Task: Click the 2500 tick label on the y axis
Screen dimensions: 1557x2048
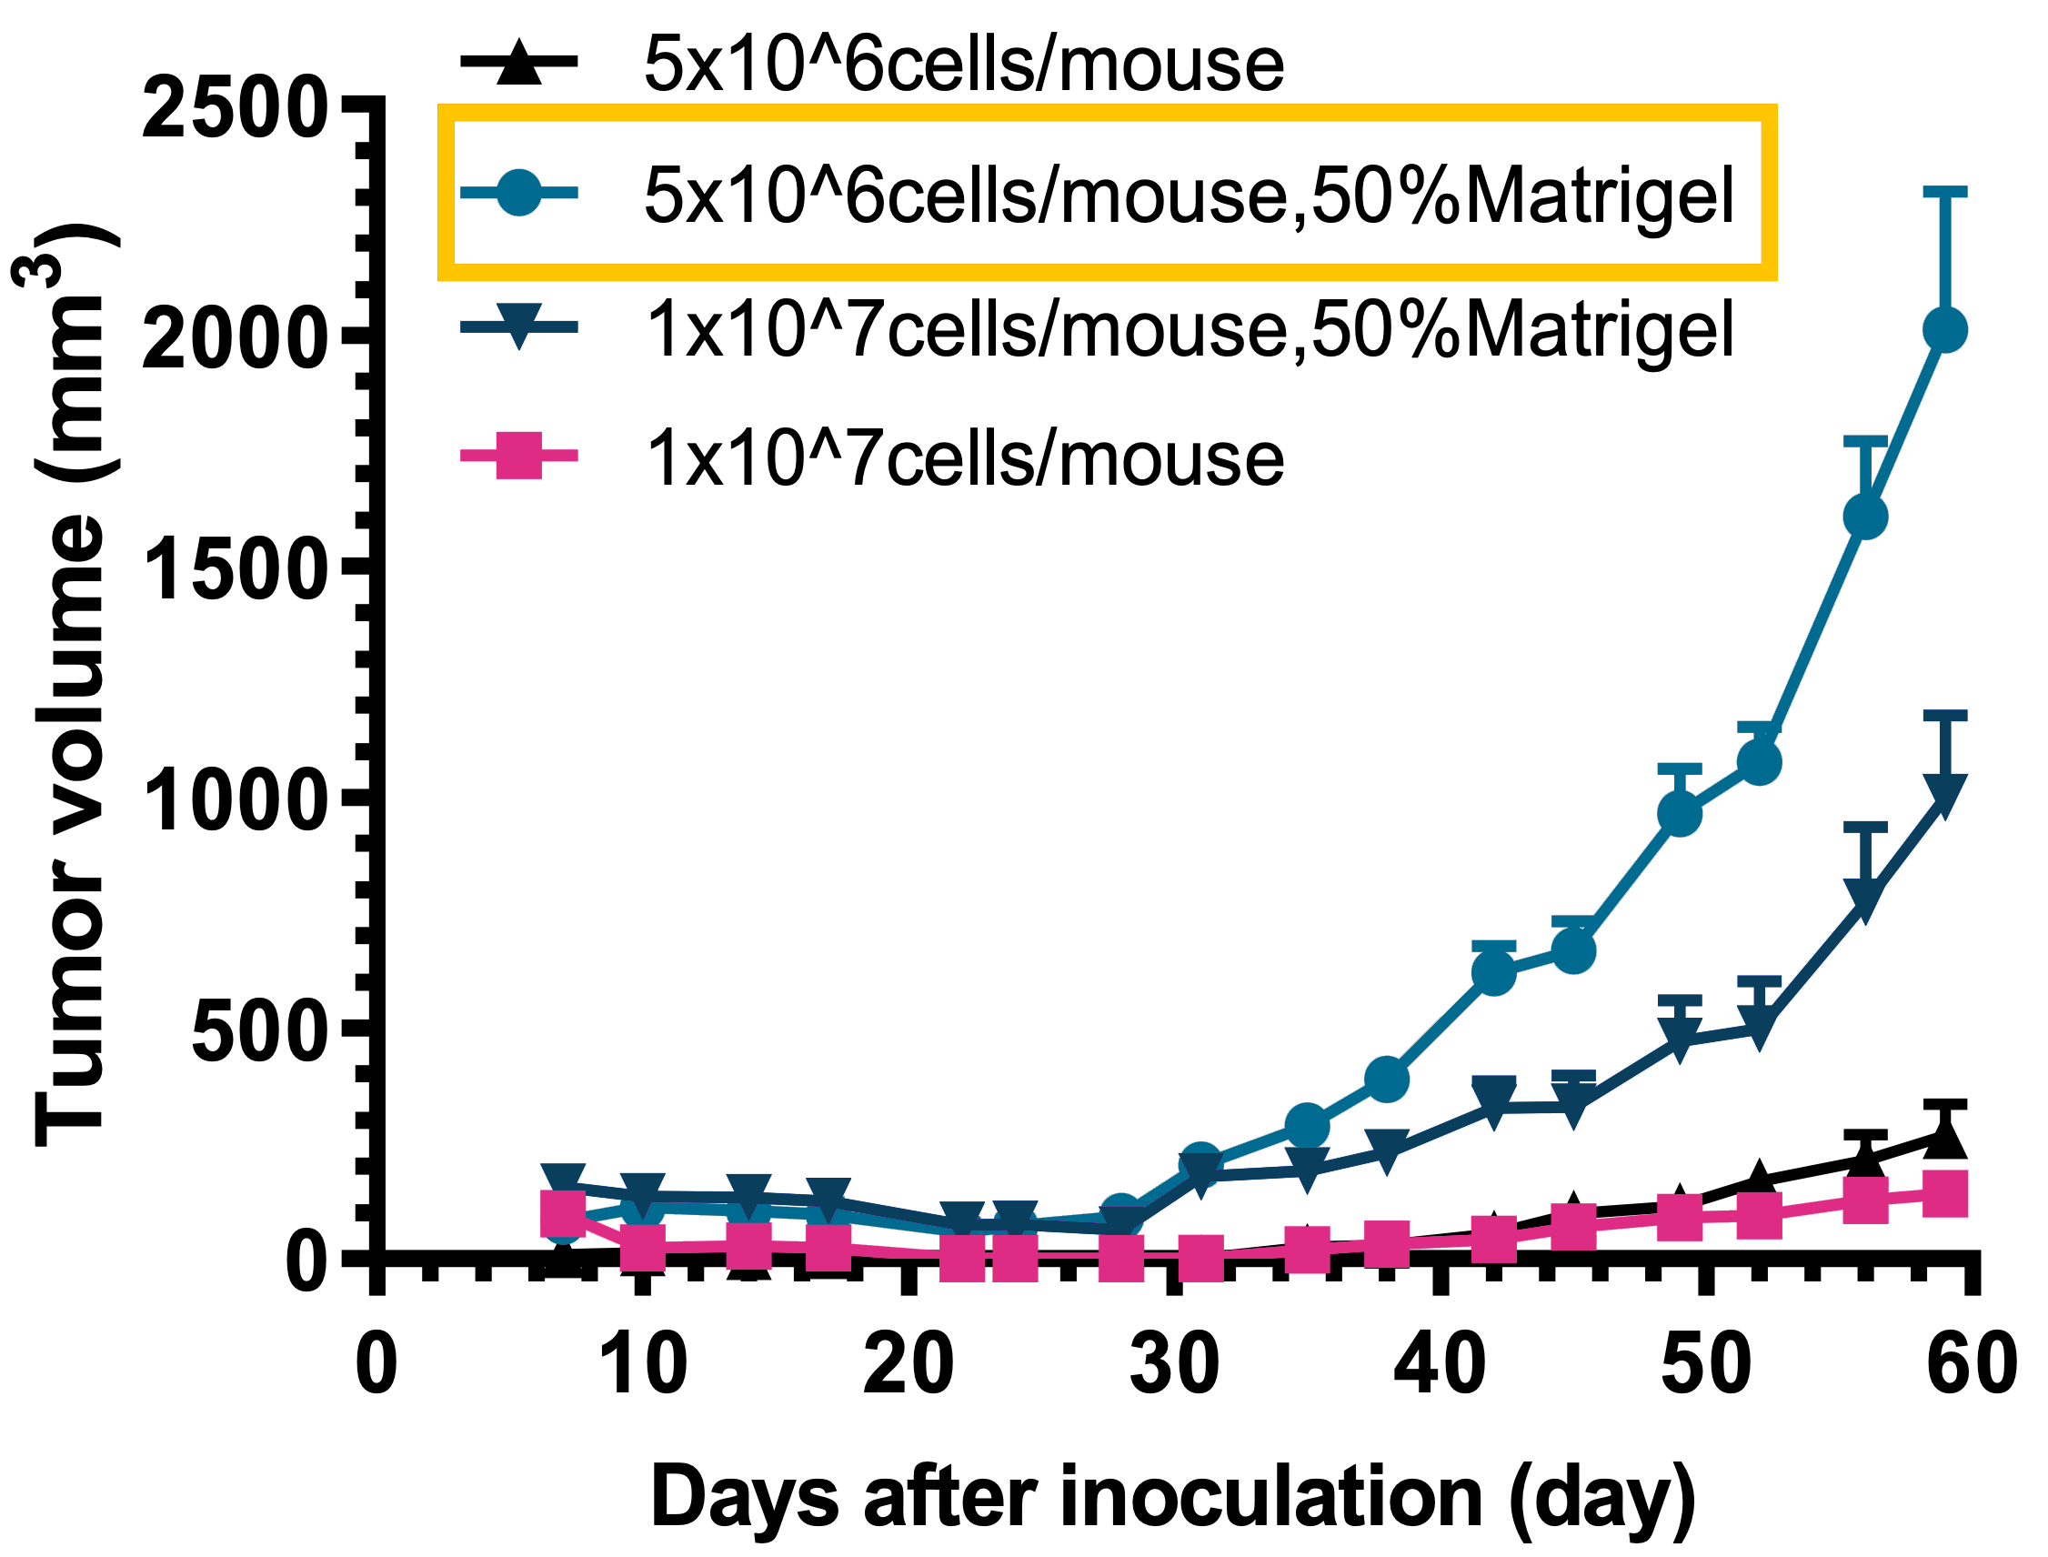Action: coord(236,108)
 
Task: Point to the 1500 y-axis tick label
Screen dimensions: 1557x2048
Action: coord(237,572)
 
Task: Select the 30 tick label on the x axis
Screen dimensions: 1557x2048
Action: coord(1174,1364)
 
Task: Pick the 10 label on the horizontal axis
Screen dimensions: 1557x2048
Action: coord(642,1364)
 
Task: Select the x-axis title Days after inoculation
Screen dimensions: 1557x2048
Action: coord(1172,1497)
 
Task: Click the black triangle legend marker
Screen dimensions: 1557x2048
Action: coord(519,63)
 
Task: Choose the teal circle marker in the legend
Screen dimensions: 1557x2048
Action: coord(519,194)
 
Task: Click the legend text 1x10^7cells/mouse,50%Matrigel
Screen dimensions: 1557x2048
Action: coord(1189,329)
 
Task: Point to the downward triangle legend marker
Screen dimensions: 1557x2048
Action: coord(519,328)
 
